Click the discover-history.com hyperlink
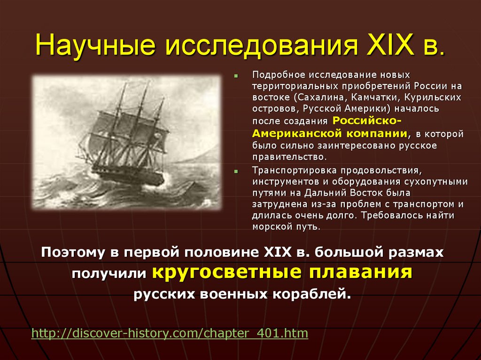tap(170, 334)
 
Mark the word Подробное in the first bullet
tap(275, 75)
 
